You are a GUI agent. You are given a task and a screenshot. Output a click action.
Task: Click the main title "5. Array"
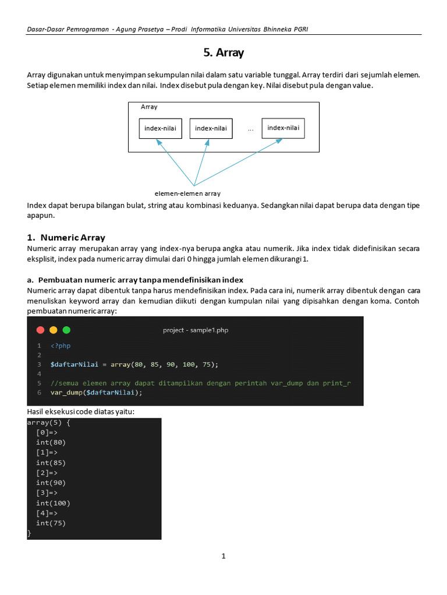coord(223,53)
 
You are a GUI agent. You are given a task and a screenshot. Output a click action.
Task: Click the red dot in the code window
coord(40,330)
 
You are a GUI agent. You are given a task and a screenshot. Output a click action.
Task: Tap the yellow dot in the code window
coord(54,330)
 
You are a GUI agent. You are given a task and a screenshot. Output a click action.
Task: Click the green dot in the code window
coord(66,330)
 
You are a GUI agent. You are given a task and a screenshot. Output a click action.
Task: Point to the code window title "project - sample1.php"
coord(196,330)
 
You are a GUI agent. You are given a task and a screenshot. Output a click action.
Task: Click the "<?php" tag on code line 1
coord(60,346)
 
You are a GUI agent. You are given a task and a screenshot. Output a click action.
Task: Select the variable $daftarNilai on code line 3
coord(74,364)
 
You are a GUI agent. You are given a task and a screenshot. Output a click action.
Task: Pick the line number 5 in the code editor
coord(39,383)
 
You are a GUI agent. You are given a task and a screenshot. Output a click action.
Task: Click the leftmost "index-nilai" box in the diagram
coord(160,128)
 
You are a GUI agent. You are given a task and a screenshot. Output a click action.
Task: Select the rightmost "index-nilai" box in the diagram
coord(283,128)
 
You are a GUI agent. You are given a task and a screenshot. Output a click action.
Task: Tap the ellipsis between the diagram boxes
coord(250,130)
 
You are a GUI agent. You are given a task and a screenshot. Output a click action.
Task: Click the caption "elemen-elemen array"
coord(187,193)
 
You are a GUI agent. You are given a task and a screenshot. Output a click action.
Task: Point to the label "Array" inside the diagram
coord(149,107)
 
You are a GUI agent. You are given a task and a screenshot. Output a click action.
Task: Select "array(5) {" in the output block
coord(48,423)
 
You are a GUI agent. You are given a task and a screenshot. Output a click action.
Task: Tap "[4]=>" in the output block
coord(47,513)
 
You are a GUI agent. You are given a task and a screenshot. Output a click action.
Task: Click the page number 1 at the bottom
coord(223,556)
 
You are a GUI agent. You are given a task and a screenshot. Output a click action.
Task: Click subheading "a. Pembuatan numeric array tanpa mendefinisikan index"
coord(135,279)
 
